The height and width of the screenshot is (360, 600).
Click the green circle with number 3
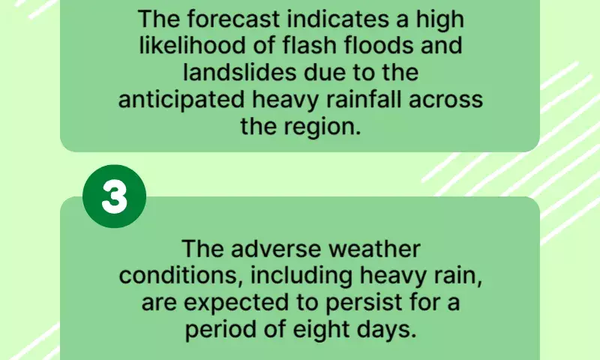pos(115,196)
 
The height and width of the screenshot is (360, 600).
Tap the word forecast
pos(234,19)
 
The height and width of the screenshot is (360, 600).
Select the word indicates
pos(338,19)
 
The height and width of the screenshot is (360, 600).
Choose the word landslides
pos(240,72)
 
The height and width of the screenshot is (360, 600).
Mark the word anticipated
pos(181,100)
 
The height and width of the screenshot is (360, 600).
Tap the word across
pos(445,100)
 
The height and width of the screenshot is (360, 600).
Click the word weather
pos(374,249)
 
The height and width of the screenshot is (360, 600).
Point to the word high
pos(440,19)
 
